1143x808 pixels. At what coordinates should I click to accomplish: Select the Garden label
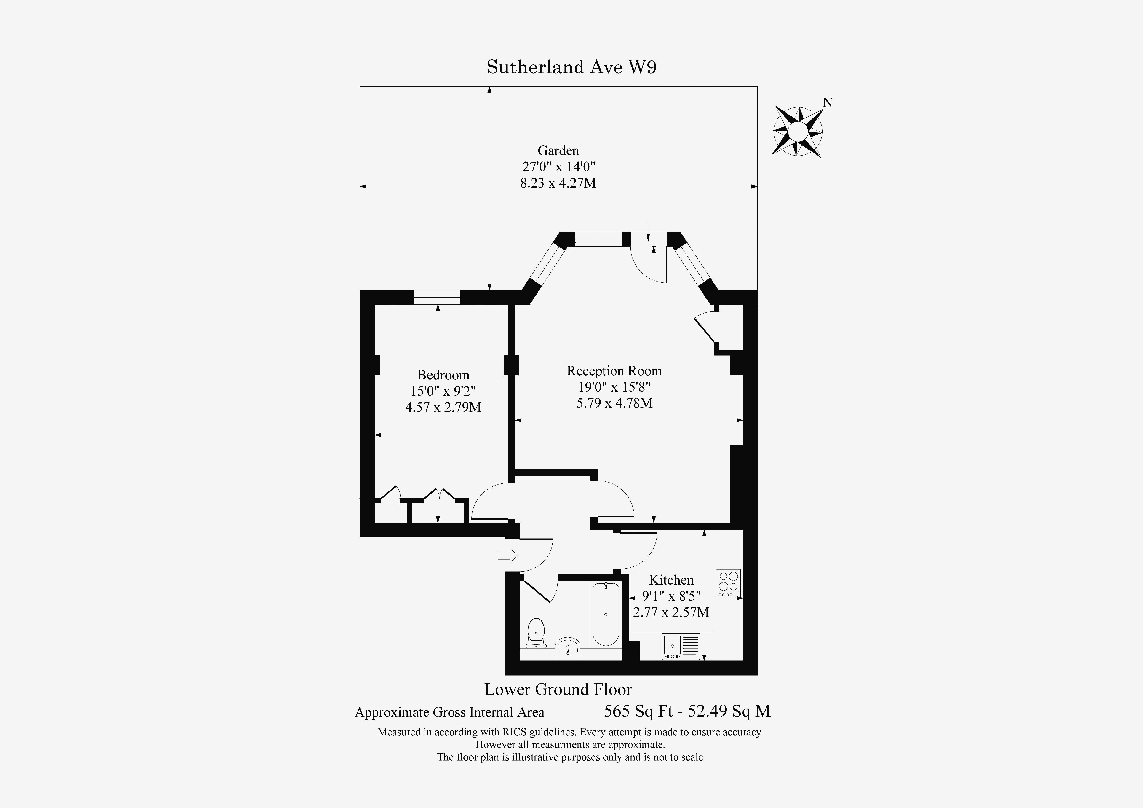[x=558, y=150]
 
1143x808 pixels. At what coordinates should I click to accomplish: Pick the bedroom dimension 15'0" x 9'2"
[x=443, y=391]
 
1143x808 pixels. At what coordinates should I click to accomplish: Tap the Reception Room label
[x=614, y=371]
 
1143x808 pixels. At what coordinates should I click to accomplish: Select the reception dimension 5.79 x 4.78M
[x=614, y=403]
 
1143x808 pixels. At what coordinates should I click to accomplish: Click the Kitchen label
[x=671, y=580]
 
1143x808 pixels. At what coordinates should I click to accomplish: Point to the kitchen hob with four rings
[x=728, y=583]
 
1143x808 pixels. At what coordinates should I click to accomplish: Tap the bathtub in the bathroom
[x=605, y=614]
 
